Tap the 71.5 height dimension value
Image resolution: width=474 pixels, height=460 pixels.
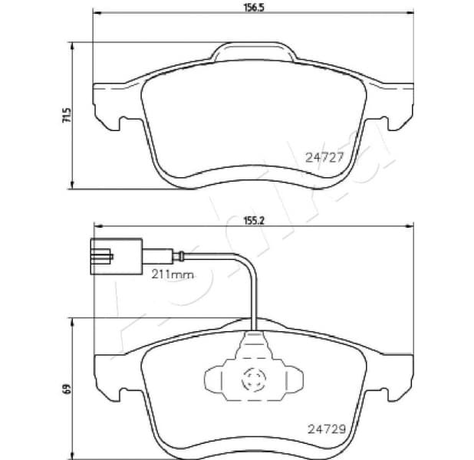point(67,116)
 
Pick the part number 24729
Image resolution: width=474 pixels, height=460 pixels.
point(324,429)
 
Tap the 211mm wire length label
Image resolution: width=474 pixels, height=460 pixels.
point(170,274)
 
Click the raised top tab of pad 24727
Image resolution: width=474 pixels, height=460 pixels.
point(252,54)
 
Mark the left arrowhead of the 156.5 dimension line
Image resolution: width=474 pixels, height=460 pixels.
point(95,14)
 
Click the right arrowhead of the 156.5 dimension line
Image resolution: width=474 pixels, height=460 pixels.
point(411,14)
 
